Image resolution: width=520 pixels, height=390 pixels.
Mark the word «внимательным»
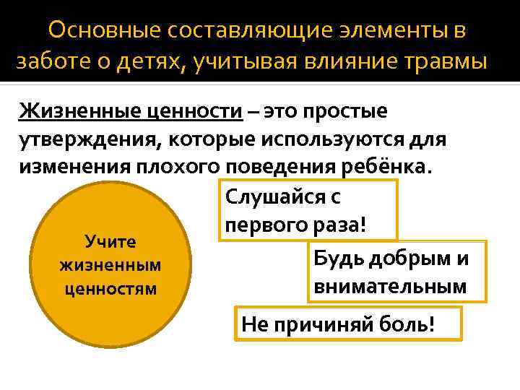click(390, 286)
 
